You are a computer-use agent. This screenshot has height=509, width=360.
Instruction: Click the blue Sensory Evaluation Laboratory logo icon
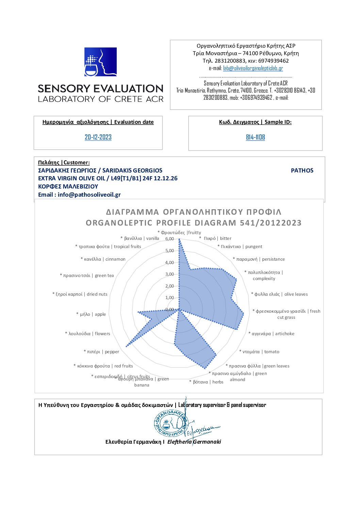100,62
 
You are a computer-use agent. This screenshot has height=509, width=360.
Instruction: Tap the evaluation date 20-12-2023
98,137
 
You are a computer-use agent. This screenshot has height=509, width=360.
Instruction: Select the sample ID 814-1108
255,137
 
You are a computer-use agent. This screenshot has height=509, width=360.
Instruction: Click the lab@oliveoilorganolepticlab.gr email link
253,68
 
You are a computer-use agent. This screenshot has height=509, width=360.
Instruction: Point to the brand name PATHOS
302,170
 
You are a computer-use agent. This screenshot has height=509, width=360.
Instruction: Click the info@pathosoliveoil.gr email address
89,195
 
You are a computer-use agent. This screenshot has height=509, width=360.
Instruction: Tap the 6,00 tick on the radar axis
169,239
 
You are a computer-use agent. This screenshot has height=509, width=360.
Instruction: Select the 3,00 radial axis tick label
169,274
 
